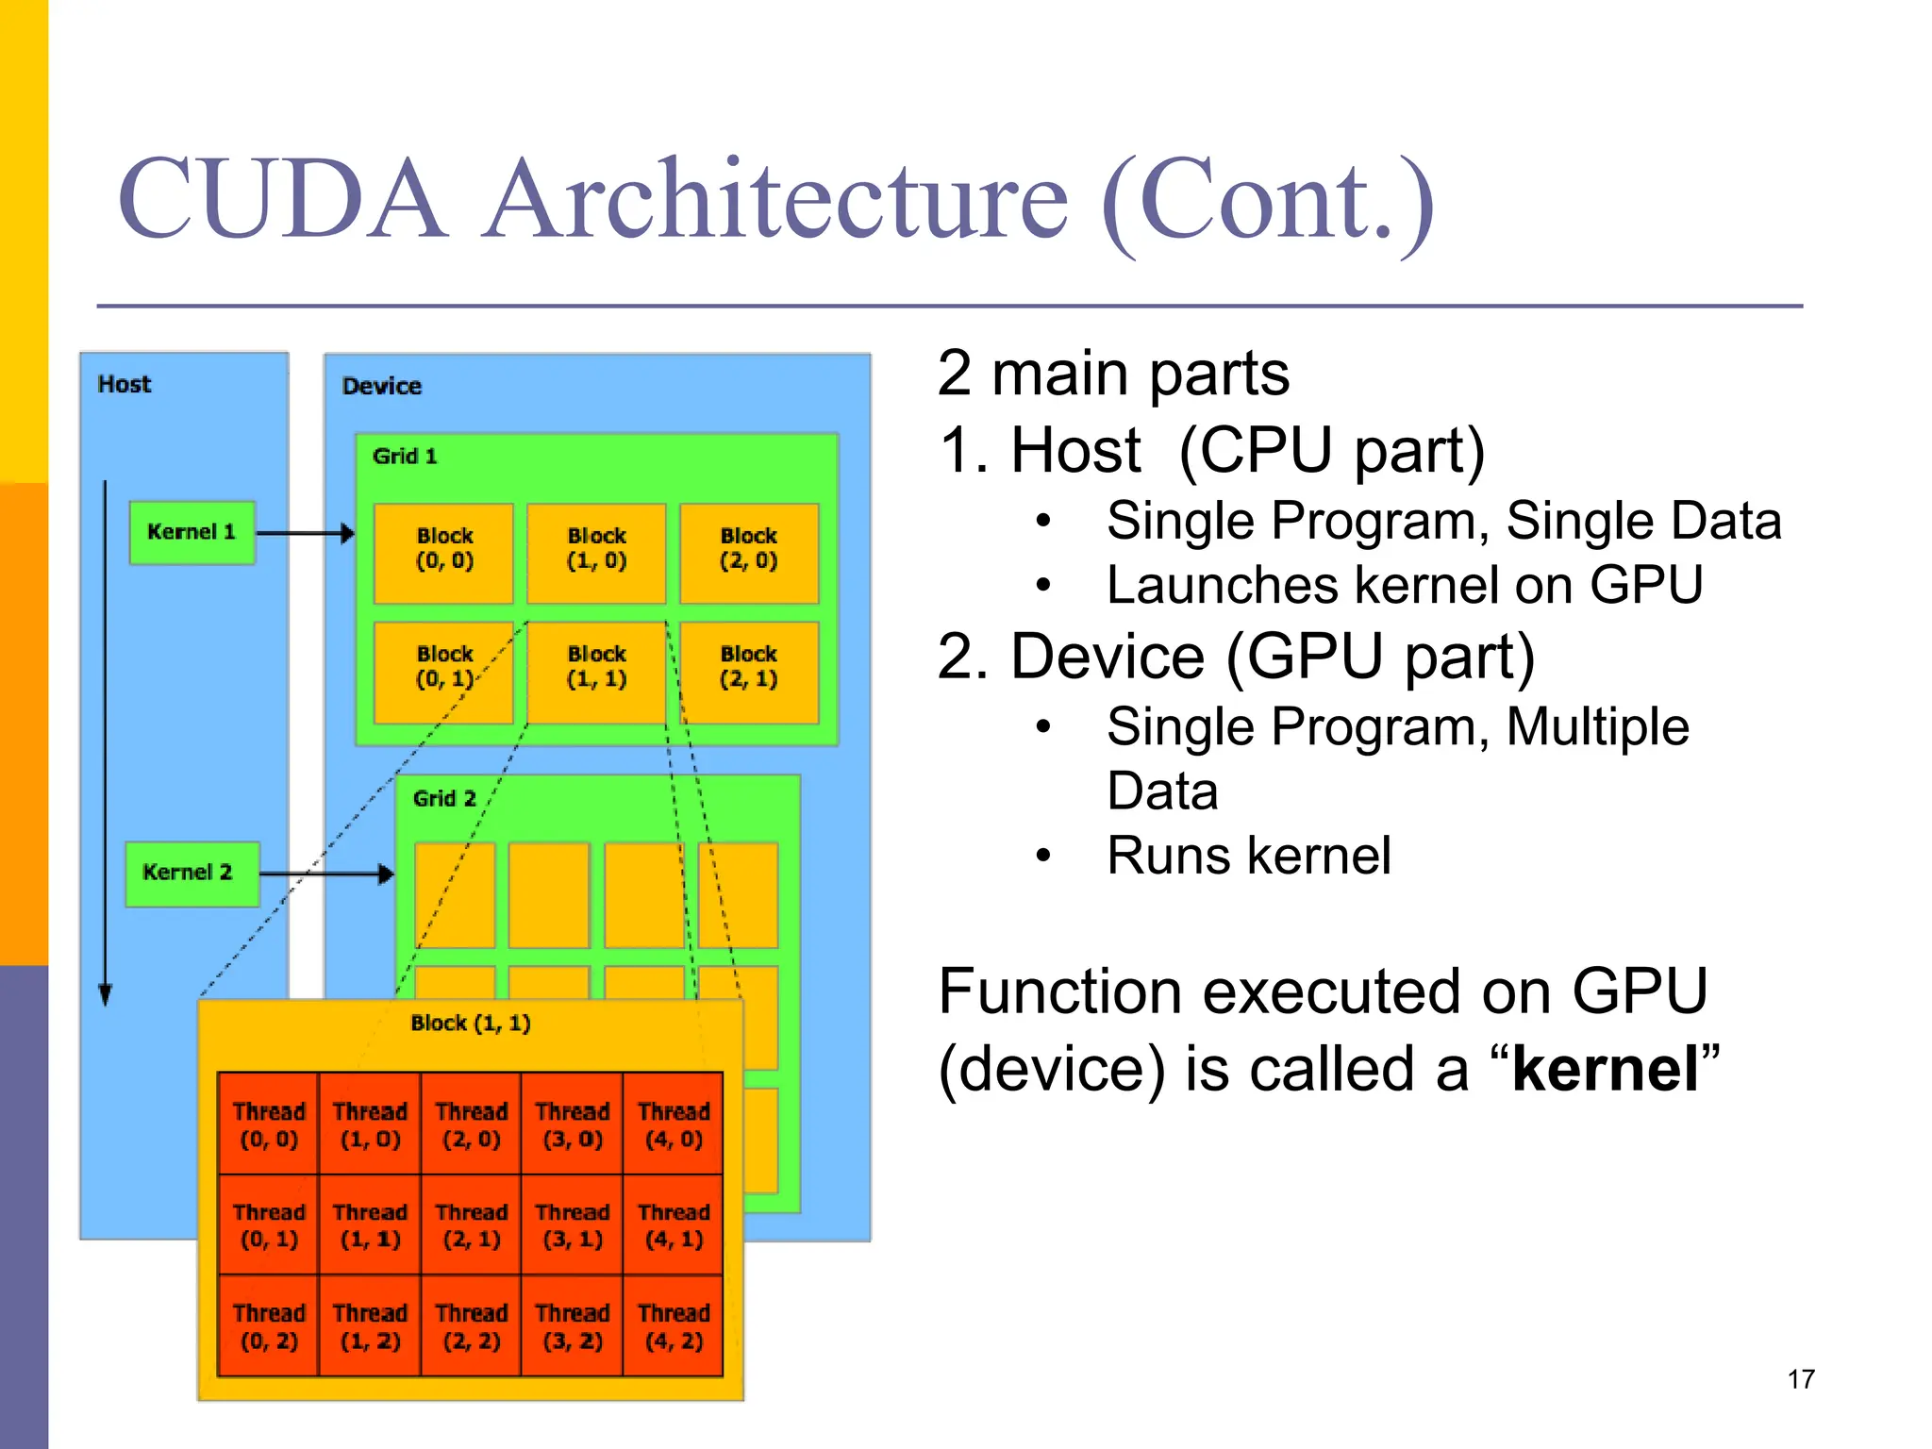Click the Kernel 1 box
pyautogui.click(x=192, y=533)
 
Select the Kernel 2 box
pyautogui.click(x=192, y=874)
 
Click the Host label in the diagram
pyautogui.click(x=124, y=385)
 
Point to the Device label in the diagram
pyautogui.click(x=381, y=386)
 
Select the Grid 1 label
pyautogui.click(x=405, y=457)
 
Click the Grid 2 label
pyautogui.click(x=444, y=799)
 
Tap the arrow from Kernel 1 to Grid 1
pyautogui.click(x=305, y=534)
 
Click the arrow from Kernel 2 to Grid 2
pyautogui.click(x=325, y=874)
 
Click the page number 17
pyautogui.click(x=1800, y=1379)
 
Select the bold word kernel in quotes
pyautogui.click(x=1605, y=1070)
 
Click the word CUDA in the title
pyautogui.click(x=281, y=200)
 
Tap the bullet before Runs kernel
pyautogui.click(x=1042, y=857)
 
